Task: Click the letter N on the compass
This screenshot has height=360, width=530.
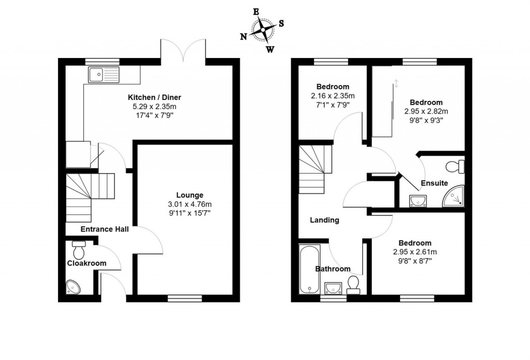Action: pos(243,36)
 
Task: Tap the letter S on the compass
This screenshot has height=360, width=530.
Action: pos(282,23)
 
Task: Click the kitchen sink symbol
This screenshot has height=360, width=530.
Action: pos(104,75)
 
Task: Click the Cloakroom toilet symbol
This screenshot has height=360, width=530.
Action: pos(79,250)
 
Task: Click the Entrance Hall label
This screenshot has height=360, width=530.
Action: pos(105,229)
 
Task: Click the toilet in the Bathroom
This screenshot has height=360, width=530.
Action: pos(354,284)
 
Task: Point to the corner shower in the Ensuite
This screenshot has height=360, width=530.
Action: pos(454,196)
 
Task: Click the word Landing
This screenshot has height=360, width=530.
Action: pos(325,220)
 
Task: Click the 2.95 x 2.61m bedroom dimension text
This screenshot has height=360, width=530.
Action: pos(415,252)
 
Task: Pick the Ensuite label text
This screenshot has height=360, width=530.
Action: pos(434,183)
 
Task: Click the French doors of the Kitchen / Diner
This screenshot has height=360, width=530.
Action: pos(184,51)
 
